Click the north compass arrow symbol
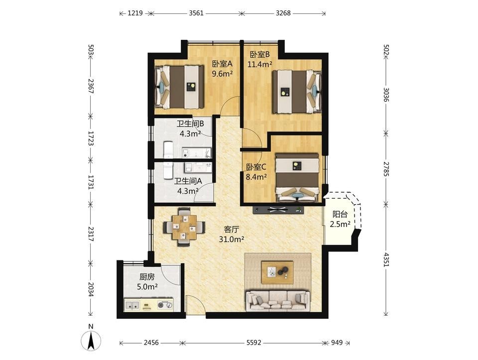tap(91, 340)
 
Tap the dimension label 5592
tap(253, 343)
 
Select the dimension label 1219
tap(135, 13)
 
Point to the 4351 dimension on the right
tap(386, 259)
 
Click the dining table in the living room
tap(184, 227)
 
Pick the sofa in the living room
tap(278, 301)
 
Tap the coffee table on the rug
tap(277, 272)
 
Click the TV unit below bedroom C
tap(278, 210)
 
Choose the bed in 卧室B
tap(297, 92)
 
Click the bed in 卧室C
tap(297, 178)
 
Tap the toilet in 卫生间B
tap(168, 149)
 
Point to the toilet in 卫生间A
tap(168, 170)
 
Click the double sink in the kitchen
tap(132, 305)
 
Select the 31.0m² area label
tap(232, 240)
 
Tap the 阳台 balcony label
tap(340, 214)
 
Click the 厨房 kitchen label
tap(147, 277)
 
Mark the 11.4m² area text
tap(260, 64)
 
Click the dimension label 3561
tap(196, 13)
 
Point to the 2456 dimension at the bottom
tap(151, 343)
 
